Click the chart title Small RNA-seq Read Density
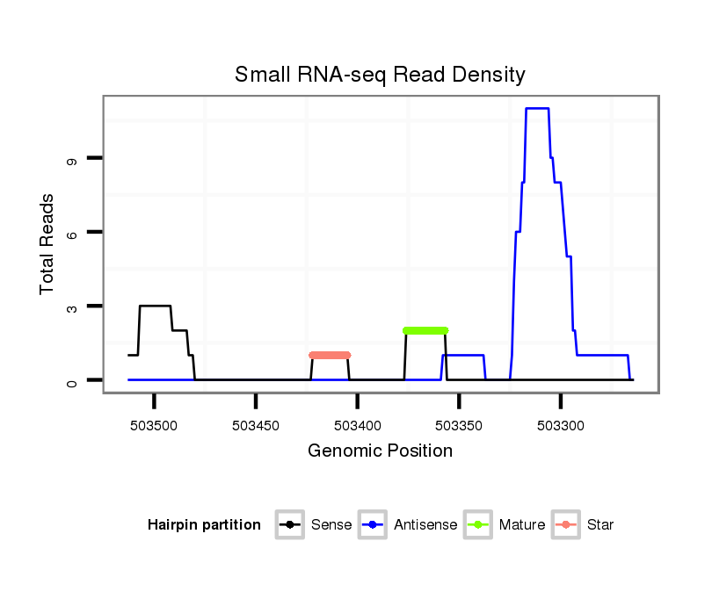380,75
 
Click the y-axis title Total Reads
47,243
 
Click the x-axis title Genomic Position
380,451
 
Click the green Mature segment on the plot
425,330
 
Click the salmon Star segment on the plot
330,355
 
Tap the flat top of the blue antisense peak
537,108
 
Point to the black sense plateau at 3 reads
155,306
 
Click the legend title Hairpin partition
204,525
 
